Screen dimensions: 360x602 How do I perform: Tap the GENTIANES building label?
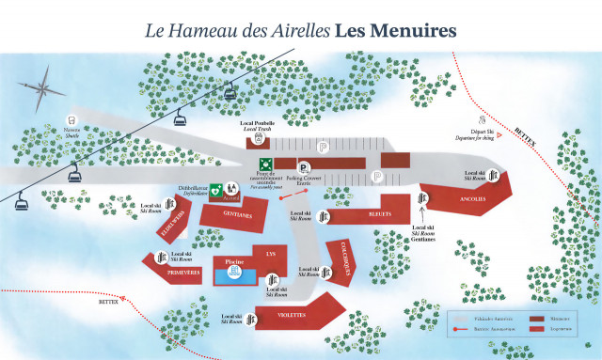pos(238,215)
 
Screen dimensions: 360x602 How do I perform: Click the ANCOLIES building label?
pos(473,199)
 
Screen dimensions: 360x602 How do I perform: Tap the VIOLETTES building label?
pos(293,317)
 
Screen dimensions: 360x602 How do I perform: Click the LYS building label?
pos(271,254)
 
